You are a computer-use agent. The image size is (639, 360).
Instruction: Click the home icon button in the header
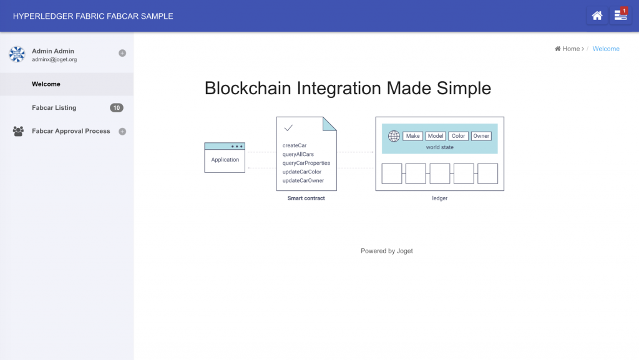pyautogui.click(x=597, y=16)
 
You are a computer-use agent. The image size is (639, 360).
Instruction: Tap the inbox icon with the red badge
pyautogui.click(x=620, y=16)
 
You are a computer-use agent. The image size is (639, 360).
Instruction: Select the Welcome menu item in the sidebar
pyautogui.click(x=46, y=84)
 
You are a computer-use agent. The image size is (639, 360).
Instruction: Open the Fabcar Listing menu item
pyautogui.click(x=54, y=108)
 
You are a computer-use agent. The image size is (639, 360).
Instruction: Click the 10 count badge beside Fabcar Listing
pyautogui.click(x=116, y=108)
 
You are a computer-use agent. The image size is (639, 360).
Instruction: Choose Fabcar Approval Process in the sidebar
pyautogui.click(x=71, y=131)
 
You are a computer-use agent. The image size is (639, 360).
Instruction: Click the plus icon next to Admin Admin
pyautogui.click(x=122, y=53)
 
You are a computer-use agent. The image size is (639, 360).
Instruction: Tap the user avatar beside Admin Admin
pyautogui.click(x=16, y=54)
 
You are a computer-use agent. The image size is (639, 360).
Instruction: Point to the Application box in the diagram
pyautogui.click(x=225, y=160)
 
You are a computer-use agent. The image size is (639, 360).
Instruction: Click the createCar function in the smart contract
pyautogui.click(x=295, y=145)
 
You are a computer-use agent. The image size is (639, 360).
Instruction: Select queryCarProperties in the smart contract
pyautogui.click(x=306, y=163)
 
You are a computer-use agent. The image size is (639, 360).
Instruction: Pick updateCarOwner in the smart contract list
pyautogui.click(x=303, y=180)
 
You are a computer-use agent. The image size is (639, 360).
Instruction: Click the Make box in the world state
pyautogui.click(x=412, y=136)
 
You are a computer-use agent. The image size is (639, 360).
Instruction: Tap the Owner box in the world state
pyautogui.click(x=481, y=136)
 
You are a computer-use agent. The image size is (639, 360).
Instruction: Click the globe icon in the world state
pyautogui.click(x=394, y=136)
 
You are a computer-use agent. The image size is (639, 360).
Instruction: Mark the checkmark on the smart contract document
pyautogui.click(x=288, y=128)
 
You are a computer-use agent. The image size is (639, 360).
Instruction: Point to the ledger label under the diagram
pyautogui.click(x=440, y=198)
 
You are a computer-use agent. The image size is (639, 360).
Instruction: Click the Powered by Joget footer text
pyautogui.click(x=387, y=251)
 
